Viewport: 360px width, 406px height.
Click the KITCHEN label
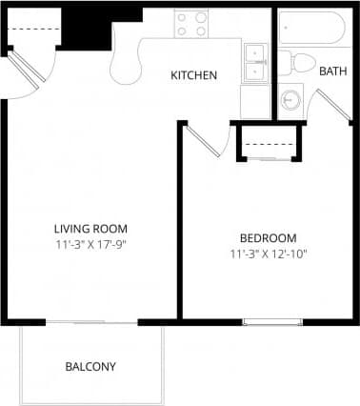point(194,75)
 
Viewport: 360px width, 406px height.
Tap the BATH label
point(332,71)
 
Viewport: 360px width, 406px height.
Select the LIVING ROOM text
point(90,229)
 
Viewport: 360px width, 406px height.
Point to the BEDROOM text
point(268,238)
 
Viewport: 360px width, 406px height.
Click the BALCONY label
point(90,367)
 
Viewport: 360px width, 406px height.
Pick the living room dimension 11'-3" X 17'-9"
point(90,245)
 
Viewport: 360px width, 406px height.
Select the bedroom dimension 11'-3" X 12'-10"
point(268,254)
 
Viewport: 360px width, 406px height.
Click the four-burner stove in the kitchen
point(191,24)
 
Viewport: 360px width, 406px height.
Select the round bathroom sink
point(290,100)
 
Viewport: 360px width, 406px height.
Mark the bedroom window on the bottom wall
point(271,322)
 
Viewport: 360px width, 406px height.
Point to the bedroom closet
point(270,142)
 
